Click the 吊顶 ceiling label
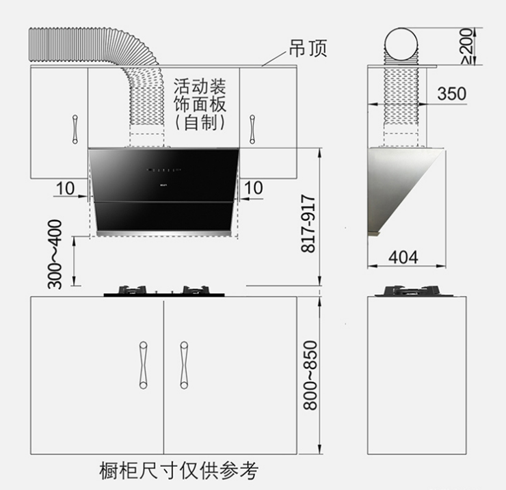tap(308, 49)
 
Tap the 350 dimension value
tap(451, 94)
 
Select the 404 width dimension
tap(403, 258)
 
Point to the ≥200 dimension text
tap(468, 46)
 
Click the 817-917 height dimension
tap(308, 223)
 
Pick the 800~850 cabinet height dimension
tap(310, 375)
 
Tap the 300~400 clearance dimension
tap(55, 254)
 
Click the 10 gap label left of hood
tap(65, 189)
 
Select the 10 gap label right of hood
tap(253, 188)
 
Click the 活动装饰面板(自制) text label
tap(200, 104)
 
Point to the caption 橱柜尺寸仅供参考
tap(179, 471)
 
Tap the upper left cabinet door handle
tap(75, 129)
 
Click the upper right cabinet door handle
tap(252, 129)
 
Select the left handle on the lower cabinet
tap(143, 365)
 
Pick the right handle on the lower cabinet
tap(184, 365)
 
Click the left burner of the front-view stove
tap(132, 290)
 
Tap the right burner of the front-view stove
tap(196, 290)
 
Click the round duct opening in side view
tap(401, 44)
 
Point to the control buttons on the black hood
tap(163, 169)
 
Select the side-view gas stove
tap(414, 291)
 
